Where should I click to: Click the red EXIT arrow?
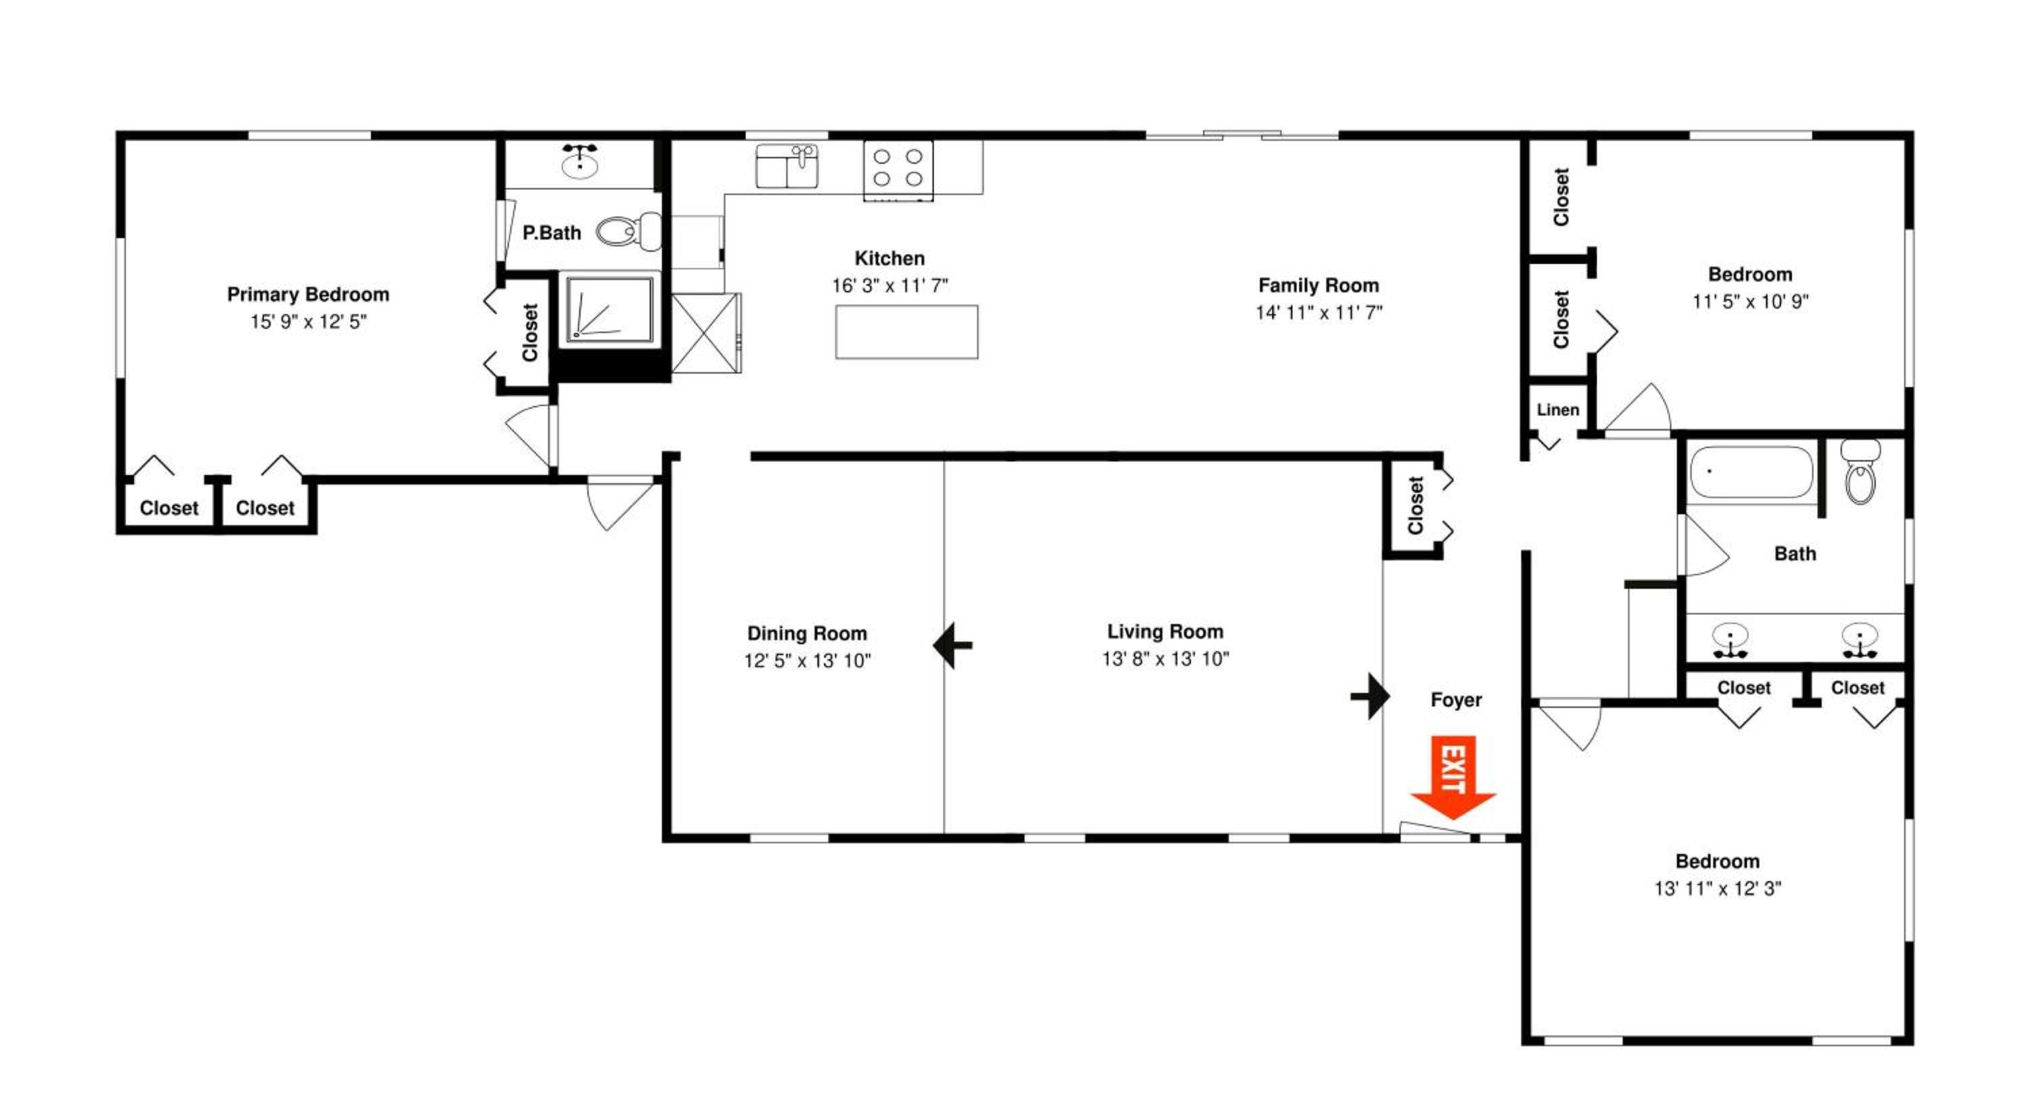1452,777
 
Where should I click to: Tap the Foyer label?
1456,700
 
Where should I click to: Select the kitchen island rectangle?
906,332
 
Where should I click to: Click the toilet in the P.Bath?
628,231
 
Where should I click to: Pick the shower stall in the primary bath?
609,309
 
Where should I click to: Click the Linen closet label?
1558,409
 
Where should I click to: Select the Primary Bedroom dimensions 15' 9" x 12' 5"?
308,321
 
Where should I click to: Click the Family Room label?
1318,285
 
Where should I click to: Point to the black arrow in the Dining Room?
952,645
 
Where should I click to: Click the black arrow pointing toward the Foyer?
1370,696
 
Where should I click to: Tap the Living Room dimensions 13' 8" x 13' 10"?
1165,658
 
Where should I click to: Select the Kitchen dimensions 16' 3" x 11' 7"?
890,285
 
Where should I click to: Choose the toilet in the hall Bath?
1861,471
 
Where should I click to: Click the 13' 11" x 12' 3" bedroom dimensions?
1718,888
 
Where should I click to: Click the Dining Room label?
807,633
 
